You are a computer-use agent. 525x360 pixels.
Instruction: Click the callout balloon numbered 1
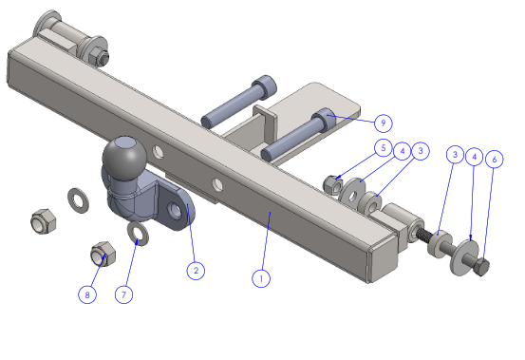(261, 278)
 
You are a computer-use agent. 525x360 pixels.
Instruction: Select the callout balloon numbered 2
(196, 271)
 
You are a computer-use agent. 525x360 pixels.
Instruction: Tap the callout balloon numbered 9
(383, 123)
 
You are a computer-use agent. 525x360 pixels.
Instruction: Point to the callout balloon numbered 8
(87, 294)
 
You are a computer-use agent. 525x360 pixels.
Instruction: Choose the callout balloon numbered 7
(123, 294)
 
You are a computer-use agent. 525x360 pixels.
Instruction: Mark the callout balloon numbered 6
(495, 159)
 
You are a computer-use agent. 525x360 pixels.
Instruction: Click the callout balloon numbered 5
(384, 147)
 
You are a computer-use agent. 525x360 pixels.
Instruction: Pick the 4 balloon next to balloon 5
(403, 151)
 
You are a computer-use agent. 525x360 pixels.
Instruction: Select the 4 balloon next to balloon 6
(474, 157)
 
